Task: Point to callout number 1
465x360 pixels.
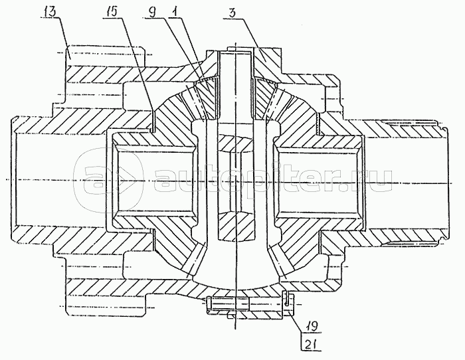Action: pos(174,12)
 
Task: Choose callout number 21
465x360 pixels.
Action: pos(311,344)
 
